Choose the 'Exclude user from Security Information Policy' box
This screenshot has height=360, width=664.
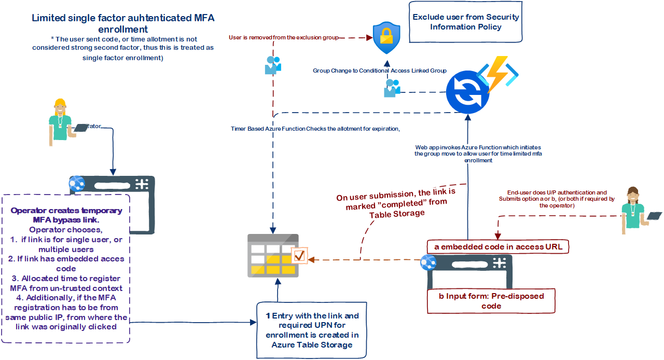pyautogui.click(x=465, y=21)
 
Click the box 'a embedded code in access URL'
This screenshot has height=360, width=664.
pyautogui.click(x=497, y=246)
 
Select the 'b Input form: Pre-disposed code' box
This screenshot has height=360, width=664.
pyautogui.click(x=491, y=301)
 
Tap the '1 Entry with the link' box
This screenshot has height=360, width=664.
pyautogui.click(x=312, y=330)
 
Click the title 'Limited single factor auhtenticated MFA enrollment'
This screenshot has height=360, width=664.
pyautogui.click(x=123, y=23)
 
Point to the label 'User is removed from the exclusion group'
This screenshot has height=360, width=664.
pyautogui.click(x=283, y=37)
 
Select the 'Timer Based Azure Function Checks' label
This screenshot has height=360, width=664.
pyautogui.click(x=315, y=129)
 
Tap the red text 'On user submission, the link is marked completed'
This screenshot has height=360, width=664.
pyautogui.click(x=396, y=203)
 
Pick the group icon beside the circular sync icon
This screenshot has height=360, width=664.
pyautogui.click(x=392, y=89)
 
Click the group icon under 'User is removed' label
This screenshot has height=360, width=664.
pyautogui.click(x=273, y=65)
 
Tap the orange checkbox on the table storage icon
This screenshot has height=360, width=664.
pyautogui.click(x=300, y=255)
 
